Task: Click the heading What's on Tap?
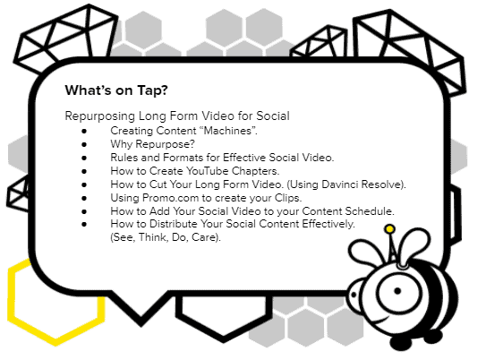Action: (x=116, y=90)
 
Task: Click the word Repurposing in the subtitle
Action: (x=100, y=116)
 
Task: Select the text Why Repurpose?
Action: (x=152, y=144)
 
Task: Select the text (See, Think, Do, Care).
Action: (x=166, y=237)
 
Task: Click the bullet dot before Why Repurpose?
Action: (x=84, y=144)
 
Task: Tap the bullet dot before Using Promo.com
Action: (x=84, y=198)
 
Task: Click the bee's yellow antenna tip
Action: (x=389, y=229)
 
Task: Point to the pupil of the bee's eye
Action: (x=397, y=291)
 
